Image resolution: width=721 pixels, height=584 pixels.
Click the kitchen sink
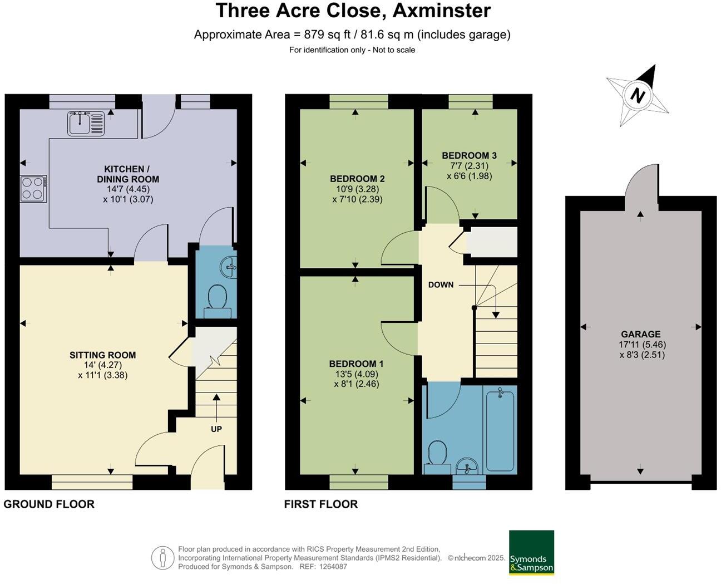[86, 123]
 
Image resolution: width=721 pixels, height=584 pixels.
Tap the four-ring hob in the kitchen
[33, 189]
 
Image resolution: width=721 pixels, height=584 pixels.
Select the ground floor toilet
[218, 301]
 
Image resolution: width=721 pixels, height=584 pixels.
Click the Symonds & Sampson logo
[531, 552]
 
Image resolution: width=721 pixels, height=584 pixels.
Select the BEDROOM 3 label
[469, 155]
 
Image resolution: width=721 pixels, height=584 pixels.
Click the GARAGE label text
[641, 334]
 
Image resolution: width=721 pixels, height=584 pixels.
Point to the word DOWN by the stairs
[441, 284]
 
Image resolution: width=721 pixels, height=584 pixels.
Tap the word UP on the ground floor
[216, 429]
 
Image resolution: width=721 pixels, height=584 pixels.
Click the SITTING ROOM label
[102, 355]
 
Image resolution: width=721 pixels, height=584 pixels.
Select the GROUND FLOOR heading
[49, 504]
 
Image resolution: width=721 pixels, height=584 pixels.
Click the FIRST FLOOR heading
[321, 504]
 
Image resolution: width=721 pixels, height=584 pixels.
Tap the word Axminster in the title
[441, 11]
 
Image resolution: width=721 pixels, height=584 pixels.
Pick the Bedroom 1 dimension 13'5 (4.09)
[357, 374]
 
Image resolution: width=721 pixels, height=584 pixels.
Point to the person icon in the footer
[163, 558]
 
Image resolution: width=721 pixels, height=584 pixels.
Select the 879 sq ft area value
[327, 35]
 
